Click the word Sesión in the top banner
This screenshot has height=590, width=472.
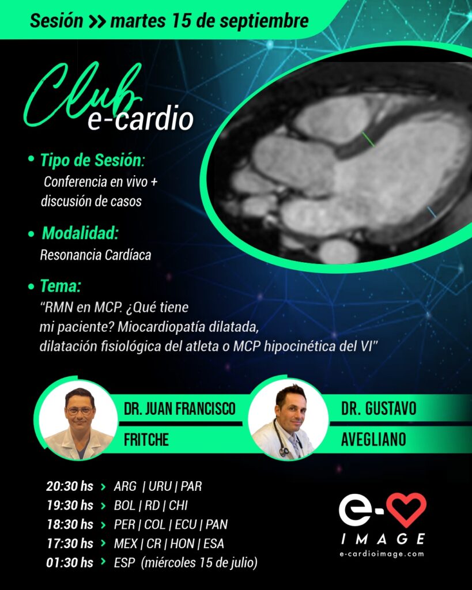[56, 20]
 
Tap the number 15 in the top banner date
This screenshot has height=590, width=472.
[182, 20]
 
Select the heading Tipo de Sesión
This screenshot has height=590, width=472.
[93, 160]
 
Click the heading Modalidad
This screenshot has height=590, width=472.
[80, 233]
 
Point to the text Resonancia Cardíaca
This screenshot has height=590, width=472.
[96, 255]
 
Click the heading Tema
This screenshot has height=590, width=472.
[60, 286]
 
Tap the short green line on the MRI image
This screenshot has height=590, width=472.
[368, 139]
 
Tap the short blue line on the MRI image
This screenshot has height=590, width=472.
[431, 212]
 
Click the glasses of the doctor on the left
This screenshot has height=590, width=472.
[80, 410]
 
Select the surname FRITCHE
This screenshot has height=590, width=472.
[146, 440]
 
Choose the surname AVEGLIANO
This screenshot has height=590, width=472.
[373, 440]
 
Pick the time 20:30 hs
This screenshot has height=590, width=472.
[70, 486]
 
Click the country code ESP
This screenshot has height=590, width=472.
[124, 562]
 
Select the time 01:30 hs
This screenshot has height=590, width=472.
[70, 562]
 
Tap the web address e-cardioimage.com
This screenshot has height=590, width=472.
[382, 554]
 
